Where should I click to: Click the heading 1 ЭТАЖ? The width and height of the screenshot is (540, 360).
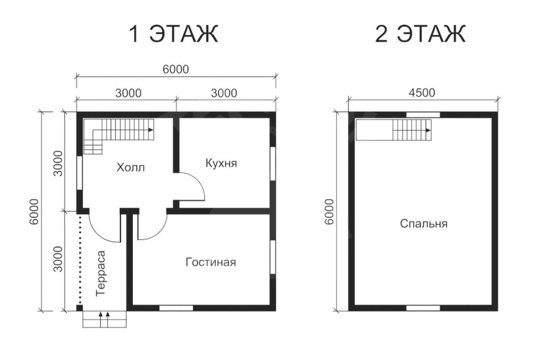[x=173, y=34]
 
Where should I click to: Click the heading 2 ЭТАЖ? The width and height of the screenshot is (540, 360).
[x=420, y=34]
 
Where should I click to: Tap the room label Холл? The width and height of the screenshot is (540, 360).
[x=131, y=168]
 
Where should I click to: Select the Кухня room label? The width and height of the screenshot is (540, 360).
[x=221, y=163]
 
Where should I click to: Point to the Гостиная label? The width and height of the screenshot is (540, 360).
[x=211, y=262]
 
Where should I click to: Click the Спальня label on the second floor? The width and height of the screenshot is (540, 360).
[x=424, y=224]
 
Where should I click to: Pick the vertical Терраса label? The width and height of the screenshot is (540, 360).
[x=100, y=273]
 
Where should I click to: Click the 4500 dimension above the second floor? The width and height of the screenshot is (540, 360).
[x=422, y=93]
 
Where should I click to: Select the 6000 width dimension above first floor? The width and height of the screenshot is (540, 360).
[x=176, y=69]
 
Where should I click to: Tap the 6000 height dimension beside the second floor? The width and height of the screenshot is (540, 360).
[x=329, y=212]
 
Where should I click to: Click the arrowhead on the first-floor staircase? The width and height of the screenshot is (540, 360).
[x=151, y=130]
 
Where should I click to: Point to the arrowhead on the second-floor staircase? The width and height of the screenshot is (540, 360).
[x=428, y=130]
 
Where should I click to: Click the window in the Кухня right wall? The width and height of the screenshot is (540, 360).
[x=273, y=163]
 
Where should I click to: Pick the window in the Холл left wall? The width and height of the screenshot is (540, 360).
[x=79, y=173]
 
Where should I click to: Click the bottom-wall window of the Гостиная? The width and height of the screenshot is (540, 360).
[x=176, y=308]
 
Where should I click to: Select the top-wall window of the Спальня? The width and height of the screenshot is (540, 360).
[x=423, y=114]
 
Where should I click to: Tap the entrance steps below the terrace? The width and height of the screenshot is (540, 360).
[x=104, y=319]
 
